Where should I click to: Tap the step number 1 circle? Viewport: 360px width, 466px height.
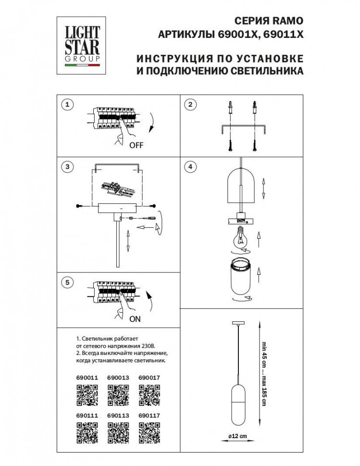[x=68, y=105]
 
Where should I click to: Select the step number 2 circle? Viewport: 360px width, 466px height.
[x=191, y=105]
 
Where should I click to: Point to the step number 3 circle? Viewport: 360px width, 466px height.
[x=68, y=167]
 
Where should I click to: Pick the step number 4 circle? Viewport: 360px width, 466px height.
[x=191, y=167]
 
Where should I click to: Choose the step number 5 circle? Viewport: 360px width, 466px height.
[x=68, y=283]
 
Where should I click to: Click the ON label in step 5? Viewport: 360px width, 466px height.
[x=135, y=319]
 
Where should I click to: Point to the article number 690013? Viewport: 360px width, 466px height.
[x=118, y=378]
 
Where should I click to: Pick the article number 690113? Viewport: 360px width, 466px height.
[x=118, y=416]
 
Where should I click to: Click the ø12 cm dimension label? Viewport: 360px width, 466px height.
[x=237, y=436]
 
